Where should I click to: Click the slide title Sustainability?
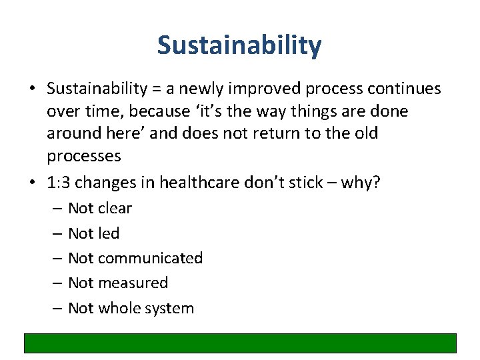239,46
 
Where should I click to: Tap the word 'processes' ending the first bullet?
84,156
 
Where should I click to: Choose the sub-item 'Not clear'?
100,208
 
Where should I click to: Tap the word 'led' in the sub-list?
109,233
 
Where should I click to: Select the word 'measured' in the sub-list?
133,283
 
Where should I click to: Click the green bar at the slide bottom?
240,343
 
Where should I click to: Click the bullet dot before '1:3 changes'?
33,182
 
